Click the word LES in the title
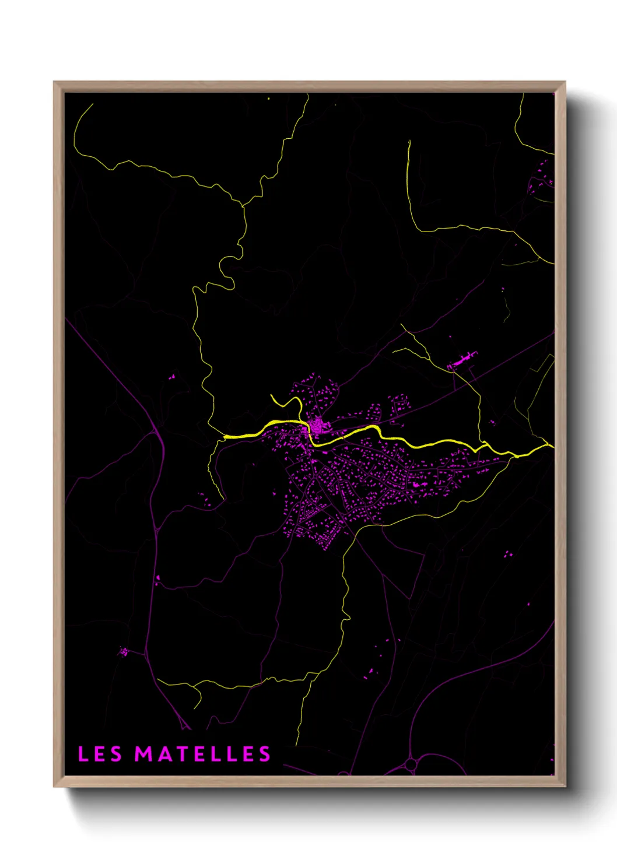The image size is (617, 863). tap(100, 754)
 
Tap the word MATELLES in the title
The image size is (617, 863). tap(203, 754)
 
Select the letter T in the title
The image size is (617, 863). tap(180, 754)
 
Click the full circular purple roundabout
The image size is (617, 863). tap(411, 763)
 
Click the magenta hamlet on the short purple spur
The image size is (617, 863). tap(123, 651)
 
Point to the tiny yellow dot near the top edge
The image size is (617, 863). tap(268, 99)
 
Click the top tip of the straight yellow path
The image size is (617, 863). tap(409, 141)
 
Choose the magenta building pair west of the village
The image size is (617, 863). tap(172, 377)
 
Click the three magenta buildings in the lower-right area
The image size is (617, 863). tap(507, 553)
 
